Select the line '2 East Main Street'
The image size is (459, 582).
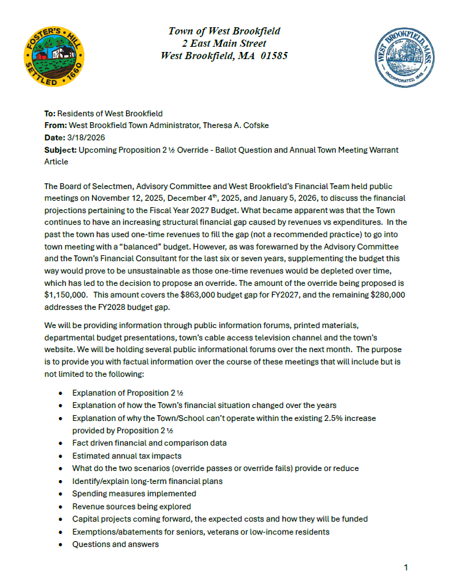[x=224, y=44]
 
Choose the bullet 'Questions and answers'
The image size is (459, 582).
[x=115, y=544]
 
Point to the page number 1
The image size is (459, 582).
[x=406, y=567]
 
